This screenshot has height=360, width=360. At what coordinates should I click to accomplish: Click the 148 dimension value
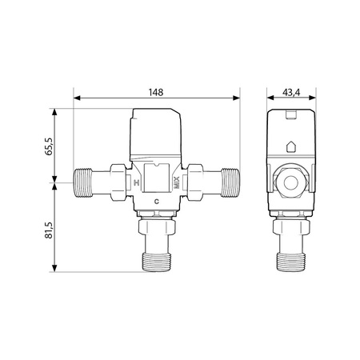[x=156, y=92]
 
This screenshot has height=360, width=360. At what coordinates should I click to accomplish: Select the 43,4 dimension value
[x=291, y=92]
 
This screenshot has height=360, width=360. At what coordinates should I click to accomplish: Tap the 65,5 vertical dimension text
[x=49, y=146]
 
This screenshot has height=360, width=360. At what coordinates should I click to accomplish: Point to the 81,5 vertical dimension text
[x=49, y=230]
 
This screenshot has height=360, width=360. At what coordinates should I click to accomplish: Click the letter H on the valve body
[x=137, y=182]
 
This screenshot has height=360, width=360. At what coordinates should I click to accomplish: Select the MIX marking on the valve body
[x=177, y=182]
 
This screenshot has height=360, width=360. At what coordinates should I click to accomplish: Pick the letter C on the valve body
[x=157, y=202]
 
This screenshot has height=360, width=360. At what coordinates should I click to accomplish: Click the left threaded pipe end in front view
[x=82, y=182]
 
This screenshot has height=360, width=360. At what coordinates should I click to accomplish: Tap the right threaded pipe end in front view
[x=230, y=182]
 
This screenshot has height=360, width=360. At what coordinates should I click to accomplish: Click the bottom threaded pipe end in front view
[x=156, y=262]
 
